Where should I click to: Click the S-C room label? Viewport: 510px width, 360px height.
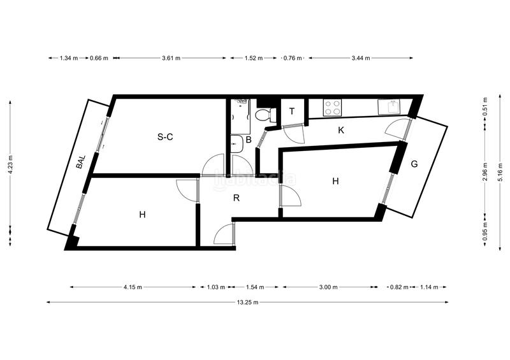click(165, 136)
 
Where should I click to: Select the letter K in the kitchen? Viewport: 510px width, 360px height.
click(341, 131)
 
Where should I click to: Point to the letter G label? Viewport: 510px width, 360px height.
click(414, 164)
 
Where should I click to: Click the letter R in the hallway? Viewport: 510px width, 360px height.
click(236, 198)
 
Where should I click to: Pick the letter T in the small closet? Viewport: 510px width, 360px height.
click(292, 112)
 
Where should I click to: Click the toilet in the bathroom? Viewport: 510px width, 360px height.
click(264, 115)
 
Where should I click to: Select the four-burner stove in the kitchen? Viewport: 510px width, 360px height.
click(333, 107)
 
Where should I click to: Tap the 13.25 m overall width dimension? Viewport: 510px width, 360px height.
click(247, 302)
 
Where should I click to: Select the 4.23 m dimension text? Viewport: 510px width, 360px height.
click(10, 171)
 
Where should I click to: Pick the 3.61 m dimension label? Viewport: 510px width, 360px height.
click(170, 58)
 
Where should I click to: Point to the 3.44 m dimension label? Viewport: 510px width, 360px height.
click(360, 58)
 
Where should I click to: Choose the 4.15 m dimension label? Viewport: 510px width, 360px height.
click(133, 287)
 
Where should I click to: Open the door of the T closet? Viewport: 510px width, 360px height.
click(293, 133)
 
